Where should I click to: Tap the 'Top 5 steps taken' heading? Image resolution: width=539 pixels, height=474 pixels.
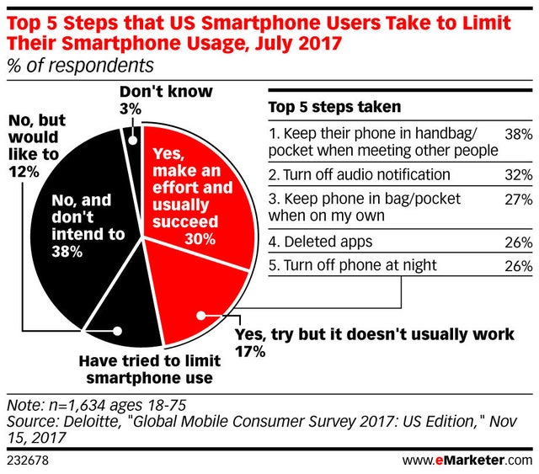333,107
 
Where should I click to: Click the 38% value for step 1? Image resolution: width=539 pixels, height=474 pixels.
517,133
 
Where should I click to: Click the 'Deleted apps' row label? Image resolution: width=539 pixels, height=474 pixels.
319,244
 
